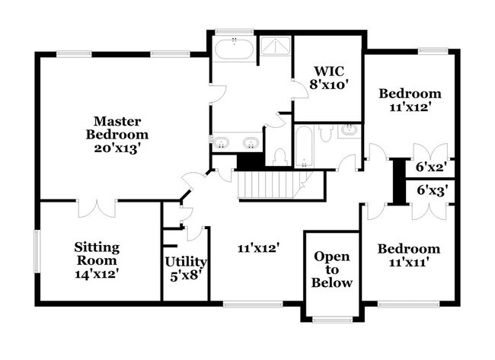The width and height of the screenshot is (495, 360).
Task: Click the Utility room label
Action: (186, 262)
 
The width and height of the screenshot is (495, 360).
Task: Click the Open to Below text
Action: (333, 269)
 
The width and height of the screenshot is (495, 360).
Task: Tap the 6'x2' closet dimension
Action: (430, 166)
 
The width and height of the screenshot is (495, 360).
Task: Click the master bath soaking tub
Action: (234, 53)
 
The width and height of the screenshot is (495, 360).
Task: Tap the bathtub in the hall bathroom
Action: (302, 148)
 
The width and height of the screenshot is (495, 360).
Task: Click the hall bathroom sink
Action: (349, 131)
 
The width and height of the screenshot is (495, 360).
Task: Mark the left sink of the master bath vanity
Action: (223, 143)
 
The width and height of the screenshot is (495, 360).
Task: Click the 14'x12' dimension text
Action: (96, 270)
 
